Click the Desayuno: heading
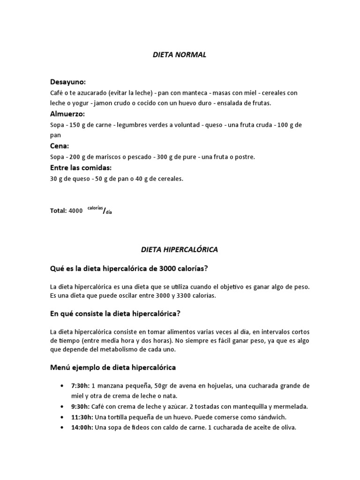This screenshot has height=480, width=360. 67,82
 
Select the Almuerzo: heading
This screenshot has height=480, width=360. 67,114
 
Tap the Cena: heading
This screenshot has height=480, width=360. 60,146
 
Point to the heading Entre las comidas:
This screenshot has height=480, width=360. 81,167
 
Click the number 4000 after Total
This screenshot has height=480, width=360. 75,211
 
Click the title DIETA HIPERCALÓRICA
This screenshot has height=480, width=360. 180,250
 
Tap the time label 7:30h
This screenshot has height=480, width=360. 80,385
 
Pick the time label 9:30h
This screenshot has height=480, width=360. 80,406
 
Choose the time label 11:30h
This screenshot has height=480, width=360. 82,417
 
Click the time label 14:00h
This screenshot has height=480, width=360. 82,427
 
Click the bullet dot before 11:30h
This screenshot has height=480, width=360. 62,417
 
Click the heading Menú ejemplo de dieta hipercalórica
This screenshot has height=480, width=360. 113,368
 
